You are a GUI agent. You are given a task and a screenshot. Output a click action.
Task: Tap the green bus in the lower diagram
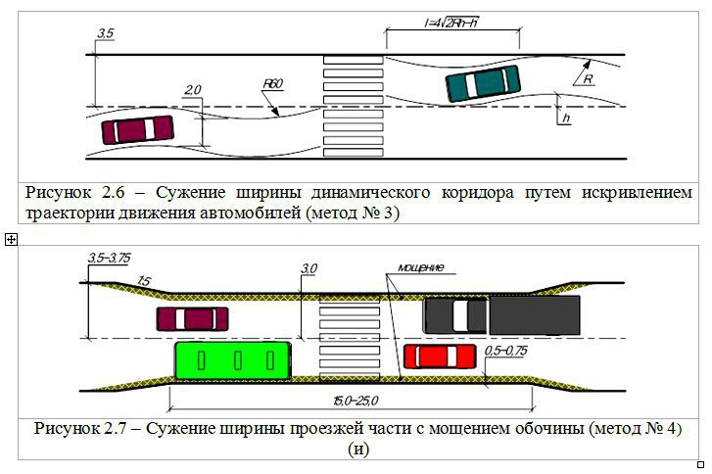tap(233, 359)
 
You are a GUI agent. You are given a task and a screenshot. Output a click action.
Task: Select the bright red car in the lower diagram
tap(440, 355)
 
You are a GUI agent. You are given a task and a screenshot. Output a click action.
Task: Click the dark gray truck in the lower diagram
tap(502, 315)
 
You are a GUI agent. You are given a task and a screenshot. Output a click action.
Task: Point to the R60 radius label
tap(271, 87)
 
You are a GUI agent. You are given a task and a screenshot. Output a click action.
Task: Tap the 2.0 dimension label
tap(192, 90)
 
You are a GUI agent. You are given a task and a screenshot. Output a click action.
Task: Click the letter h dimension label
tap(566, 118)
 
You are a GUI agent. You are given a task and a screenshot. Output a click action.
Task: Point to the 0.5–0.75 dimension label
tap(505, 350)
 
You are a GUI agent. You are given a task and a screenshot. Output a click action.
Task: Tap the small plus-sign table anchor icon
tap(9, 239)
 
